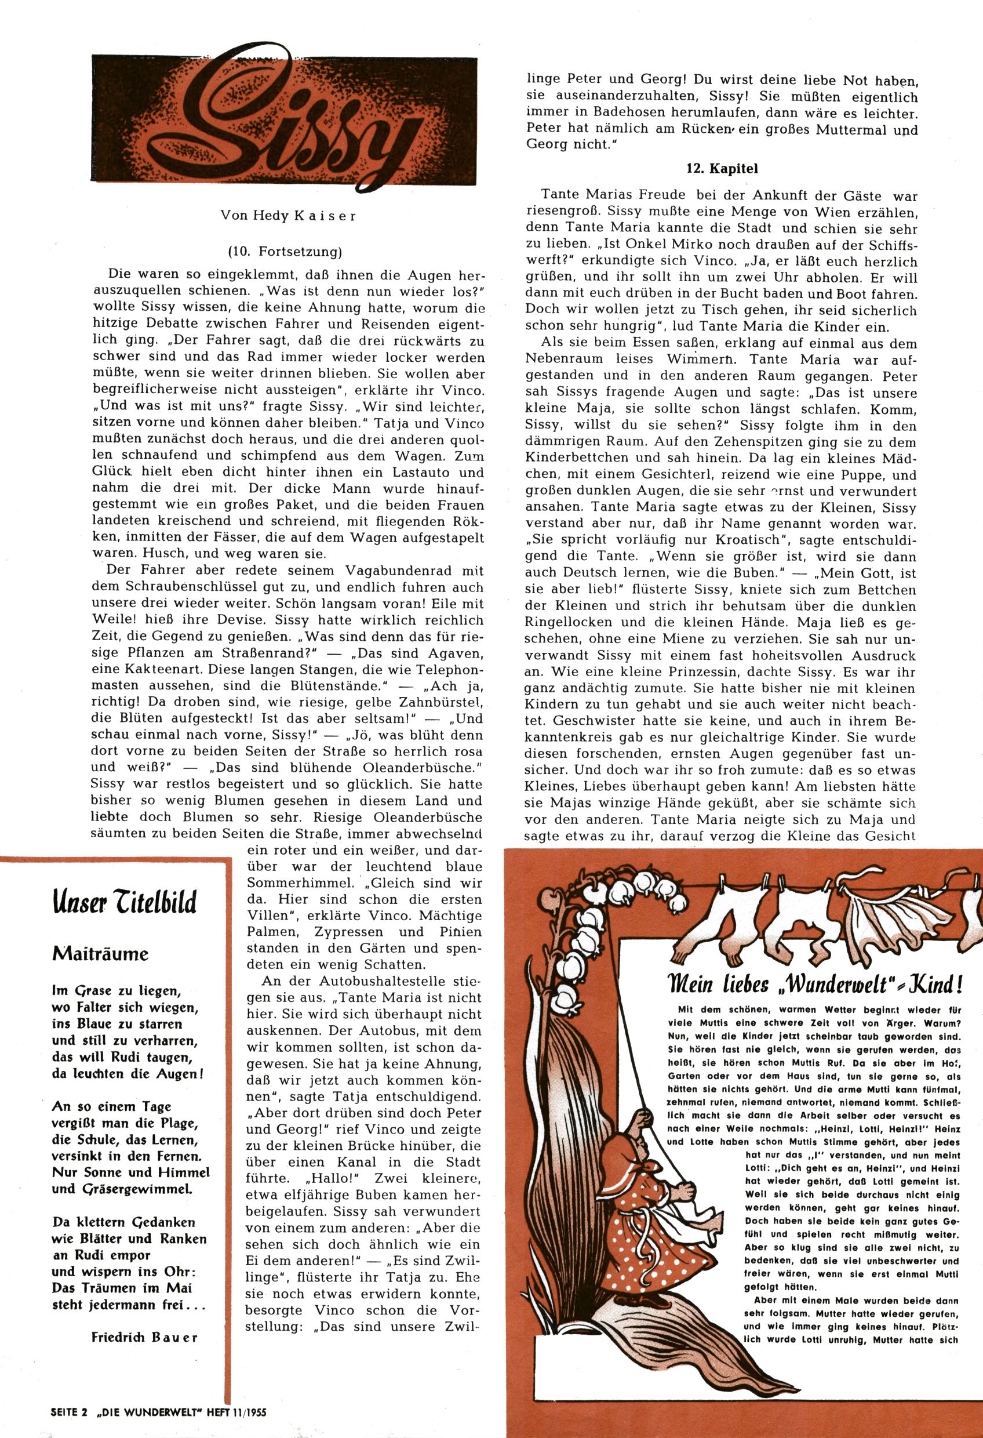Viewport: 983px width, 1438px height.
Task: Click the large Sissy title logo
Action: pos(286,121)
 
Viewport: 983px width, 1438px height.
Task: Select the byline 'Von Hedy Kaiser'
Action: pos(287,217)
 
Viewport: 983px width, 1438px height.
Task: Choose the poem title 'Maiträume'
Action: pos(100,953)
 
